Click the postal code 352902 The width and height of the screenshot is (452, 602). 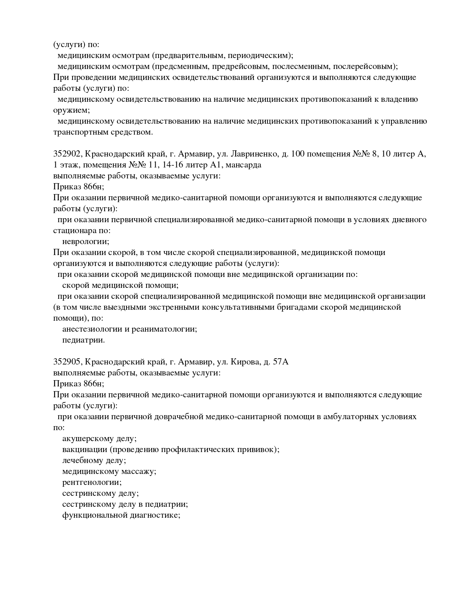(67, 154)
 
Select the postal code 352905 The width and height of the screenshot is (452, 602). (67, 362)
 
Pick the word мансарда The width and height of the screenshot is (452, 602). (243, 165)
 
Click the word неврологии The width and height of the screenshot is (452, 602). (85, 242)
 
